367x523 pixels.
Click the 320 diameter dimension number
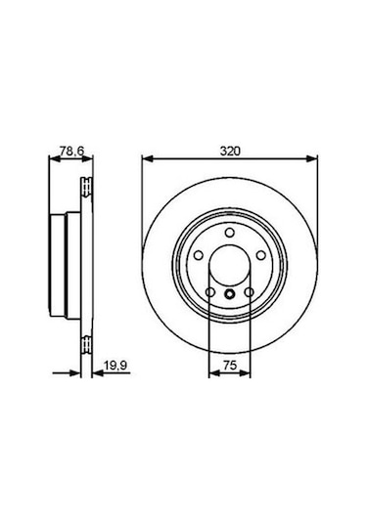(230, 153)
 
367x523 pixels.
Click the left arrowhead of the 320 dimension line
(147, 160)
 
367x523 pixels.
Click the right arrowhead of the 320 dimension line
(314, 160)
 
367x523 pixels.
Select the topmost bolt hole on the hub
(230, 232)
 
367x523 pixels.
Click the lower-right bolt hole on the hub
(250, 291)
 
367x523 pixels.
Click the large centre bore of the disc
(230, 266)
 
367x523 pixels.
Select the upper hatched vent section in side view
(87, 187)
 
